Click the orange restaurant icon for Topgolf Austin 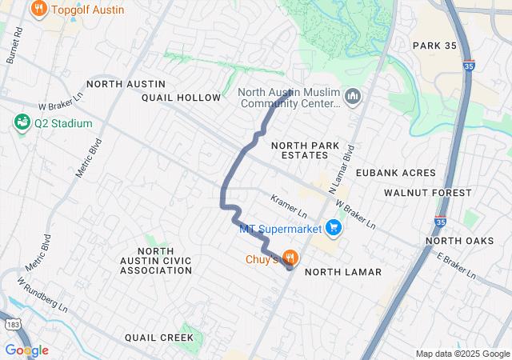38,10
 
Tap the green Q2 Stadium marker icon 22,123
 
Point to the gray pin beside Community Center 353,98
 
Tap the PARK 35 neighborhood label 434,46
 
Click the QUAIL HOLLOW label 181,98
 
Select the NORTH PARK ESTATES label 300,150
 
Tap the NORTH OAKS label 459,241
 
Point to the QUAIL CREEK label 158,338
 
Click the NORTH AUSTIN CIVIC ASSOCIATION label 156,261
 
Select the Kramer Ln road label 289,206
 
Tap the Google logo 26,350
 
